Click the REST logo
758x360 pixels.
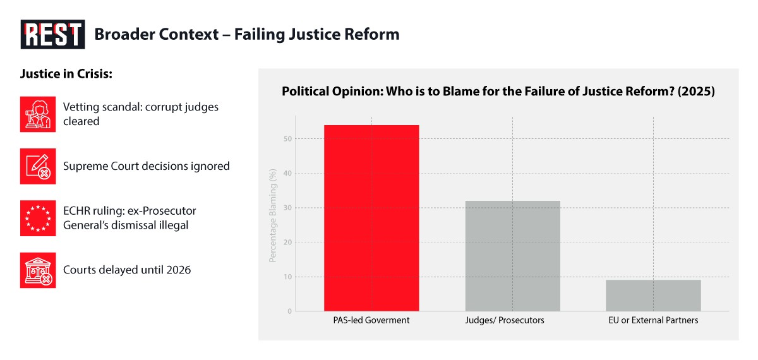coord(53,34)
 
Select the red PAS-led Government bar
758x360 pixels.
coord(371,218)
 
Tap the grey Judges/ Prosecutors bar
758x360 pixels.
coord(513,256)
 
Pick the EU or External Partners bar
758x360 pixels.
coord(653,296)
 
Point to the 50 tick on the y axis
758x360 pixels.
coord(287,139)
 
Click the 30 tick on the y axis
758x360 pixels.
coord(287,208)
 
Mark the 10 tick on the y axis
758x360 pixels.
coord(287,277)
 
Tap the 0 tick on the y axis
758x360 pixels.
coord(290,311)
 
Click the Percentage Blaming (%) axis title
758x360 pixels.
coord(273,215)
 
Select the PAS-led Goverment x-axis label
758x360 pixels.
coord(371,320)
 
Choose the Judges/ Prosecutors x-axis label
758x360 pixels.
coord(505,320)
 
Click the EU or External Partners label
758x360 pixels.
coord(653,320)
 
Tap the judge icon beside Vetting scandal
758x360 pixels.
coord(38,114)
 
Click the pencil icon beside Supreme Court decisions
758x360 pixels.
coord(38,166)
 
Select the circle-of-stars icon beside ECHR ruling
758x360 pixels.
coord(38,219)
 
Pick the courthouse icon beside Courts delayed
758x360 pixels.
coord(38,270)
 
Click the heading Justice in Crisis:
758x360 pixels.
coord(66,74)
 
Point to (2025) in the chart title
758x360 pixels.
coord(696,92)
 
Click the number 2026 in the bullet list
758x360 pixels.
coord(179,270)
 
